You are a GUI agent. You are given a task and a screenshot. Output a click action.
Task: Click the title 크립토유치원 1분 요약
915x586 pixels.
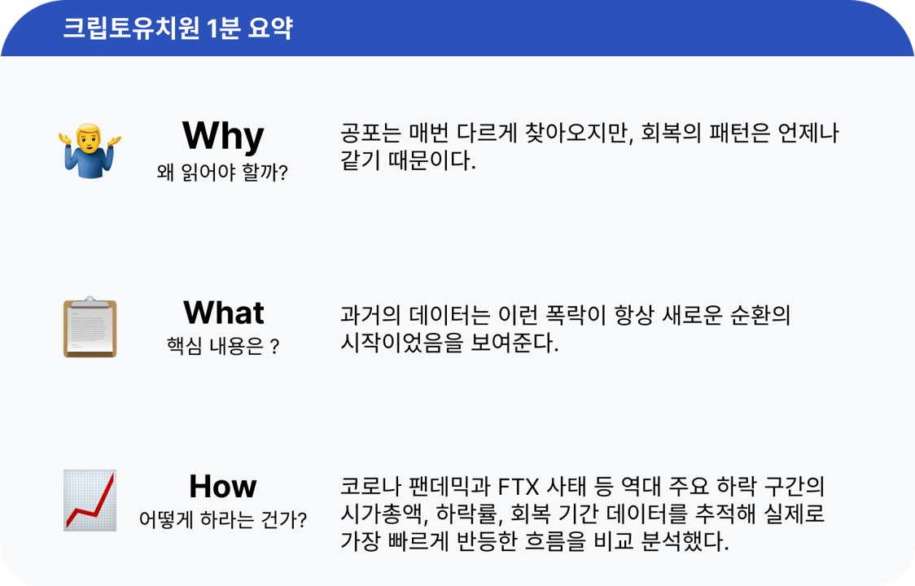pyautogui.click(x=177, y=28)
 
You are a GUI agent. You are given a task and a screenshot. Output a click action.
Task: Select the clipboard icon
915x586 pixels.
pyautogui.click(x=90, y=327)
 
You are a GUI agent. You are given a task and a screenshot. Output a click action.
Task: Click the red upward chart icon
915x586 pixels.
pyautogui.click(x=90, y=501)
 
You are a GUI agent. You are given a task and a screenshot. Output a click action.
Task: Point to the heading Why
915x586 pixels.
pyautogui.click(x=222, y=135)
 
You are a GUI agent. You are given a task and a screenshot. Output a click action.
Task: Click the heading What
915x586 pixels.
pyautogui.click(x=223, y=313)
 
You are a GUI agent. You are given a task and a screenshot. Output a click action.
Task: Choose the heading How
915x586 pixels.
pyautogui.click(x=222, y=486)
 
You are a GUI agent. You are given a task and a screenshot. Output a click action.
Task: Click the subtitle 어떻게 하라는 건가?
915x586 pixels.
pyautogui.click(x=222, y=519)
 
